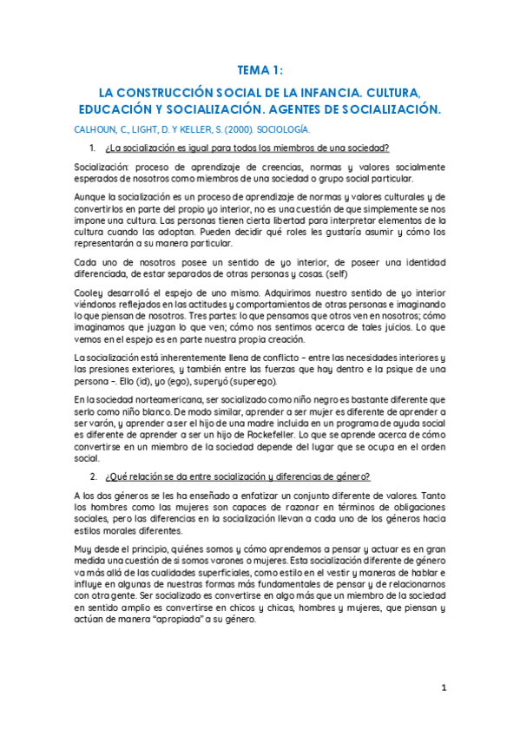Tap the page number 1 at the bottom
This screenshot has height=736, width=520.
(443, 688)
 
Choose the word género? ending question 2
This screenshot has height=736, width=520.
(351, 476)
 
